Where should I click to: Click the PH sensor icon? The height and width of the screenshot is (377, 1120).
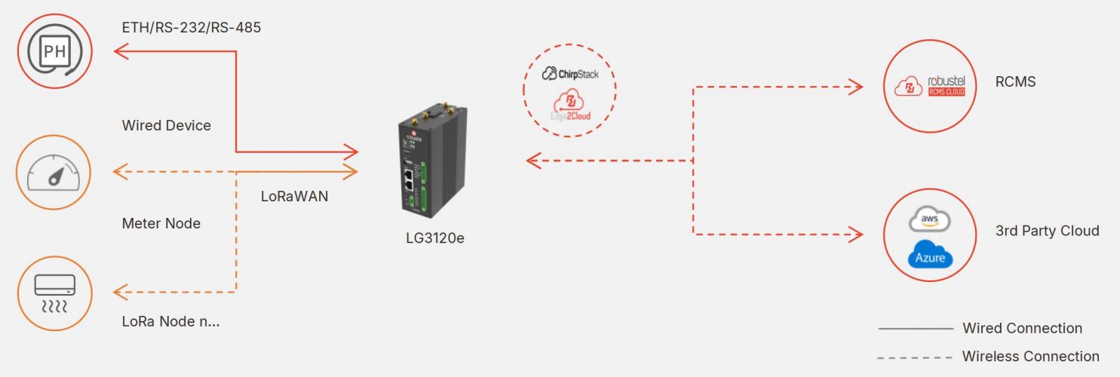55,51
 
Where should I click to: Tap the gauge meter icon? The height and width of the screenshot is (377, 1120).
54,173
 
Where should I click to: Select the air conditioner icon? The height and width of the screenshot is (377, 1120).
54,293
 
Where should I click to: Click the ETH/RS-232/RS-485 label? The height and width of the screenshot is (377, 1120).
191,27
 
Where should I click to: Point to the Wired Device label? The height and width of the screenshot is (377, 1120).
166,125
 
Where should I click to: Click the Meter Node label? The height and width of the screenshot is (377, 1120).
161,223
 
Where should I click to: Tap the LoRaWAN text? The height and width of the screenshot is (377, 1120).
294,196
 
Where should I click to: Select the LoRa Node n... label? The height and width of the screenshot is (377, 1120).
170,321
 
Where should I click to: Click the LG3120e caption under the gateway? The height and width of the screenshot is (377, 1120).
435,238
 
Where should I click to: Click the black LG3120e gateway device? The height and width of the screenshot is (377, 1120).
433,161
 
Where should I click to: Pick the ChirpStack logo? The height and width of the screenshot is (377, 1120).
570,74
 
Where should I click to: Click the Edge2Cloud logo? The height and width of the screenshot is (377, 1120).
570,106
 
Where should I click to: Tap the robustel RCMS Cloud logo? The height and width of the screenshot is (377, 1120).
930,86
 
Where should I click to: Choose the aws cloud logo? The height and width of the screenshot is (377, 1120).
929,219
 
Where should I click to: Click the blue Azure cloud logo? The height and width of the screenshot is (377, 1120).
930,254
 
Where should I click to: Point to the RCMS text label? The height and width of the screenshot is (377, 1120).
1015,81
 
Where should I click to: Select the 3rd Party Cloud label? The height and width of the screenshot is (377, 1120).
1047,231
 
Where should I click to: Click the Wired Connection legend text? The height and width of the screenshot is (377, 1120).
1023,328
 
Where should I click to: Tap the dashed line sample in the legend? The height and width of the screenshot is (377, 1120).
915,357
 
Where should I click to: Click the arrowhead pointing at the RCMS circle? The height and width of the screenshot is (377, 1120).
856,87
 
